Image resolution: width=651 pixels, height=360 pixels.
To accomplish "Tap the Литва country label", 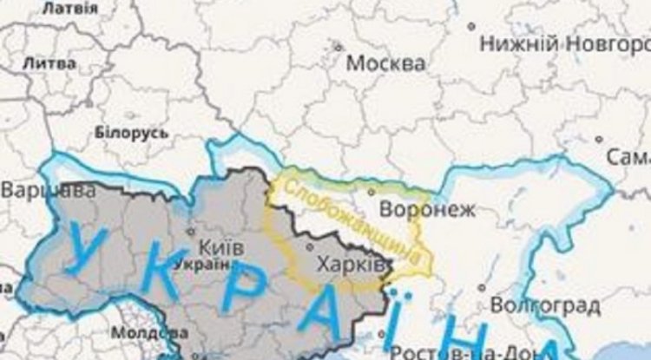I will (x=48, y=63).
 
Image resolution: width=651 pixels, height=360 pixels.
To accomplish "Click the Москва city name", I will (x=385, y=63).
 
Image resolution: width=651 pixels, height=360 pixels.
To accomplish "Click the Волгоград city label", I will (x=544, y=305).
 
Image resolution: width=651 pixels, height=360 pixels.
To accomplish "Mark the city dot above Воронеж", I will (x=371, y=192).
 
